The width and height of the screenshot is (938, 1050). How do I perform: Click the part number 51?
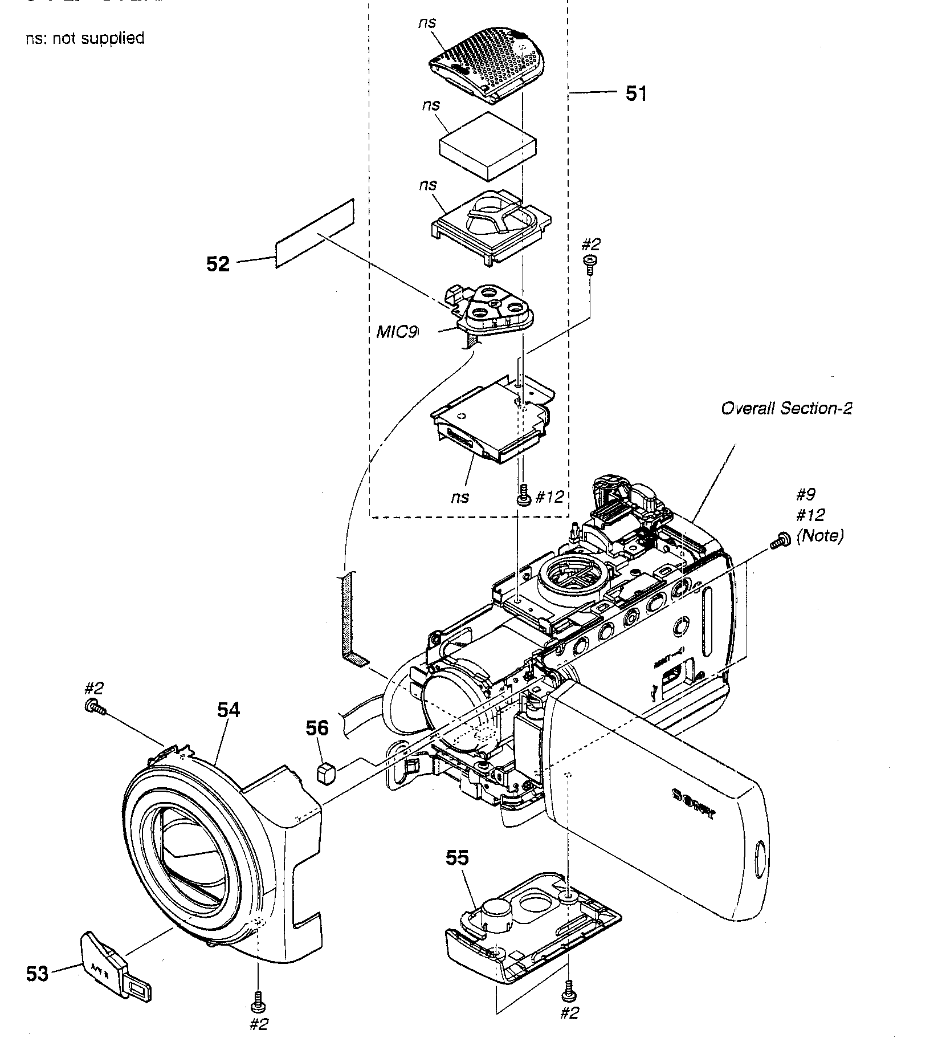pyautogui.click(x=636, y=93)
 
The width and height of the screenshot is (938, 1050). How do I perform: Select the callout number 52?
pyautogui.click(x=218, y=264)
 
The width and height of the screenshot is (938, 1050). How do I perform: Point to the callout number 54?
pyautogui.click(x=229, y=710)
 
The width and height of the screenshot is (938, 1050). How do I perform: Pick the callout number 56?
pyautogui.click(x=317, y=728)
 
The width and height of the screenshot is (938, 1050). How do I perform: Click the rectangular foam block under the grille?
pyautogui.click(x=488, y=146)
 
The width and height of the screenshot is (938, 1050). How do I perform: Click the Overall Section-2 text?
pyautogui.click(x=786, y=408)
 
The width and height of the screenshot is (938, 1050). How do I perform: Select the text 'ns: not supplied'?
pyautogui.click(x=85, y=38)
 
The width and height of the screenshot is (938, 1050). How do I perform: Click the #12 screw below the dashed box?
pyautogui.click(x=522, y=496)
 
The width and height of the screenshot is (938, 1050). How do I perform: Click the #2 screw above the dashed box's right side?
pyautogui.click(x=591, y=263)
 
